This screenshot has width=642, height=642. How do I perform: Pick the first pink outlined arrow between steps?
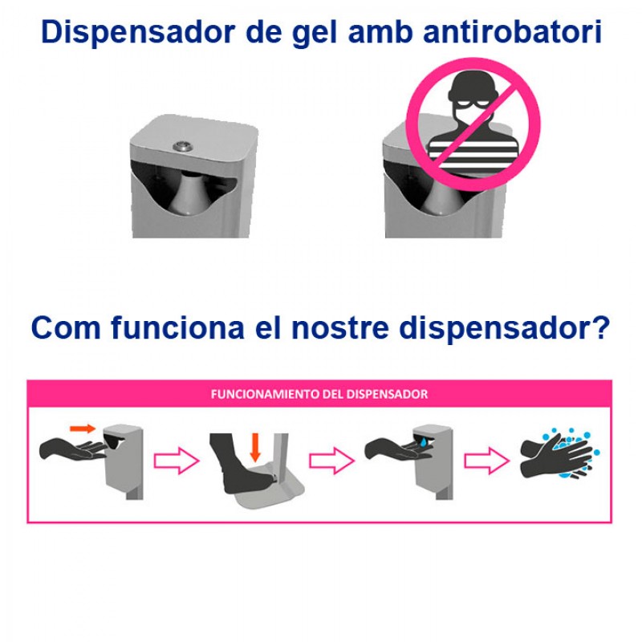point(176,461)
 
